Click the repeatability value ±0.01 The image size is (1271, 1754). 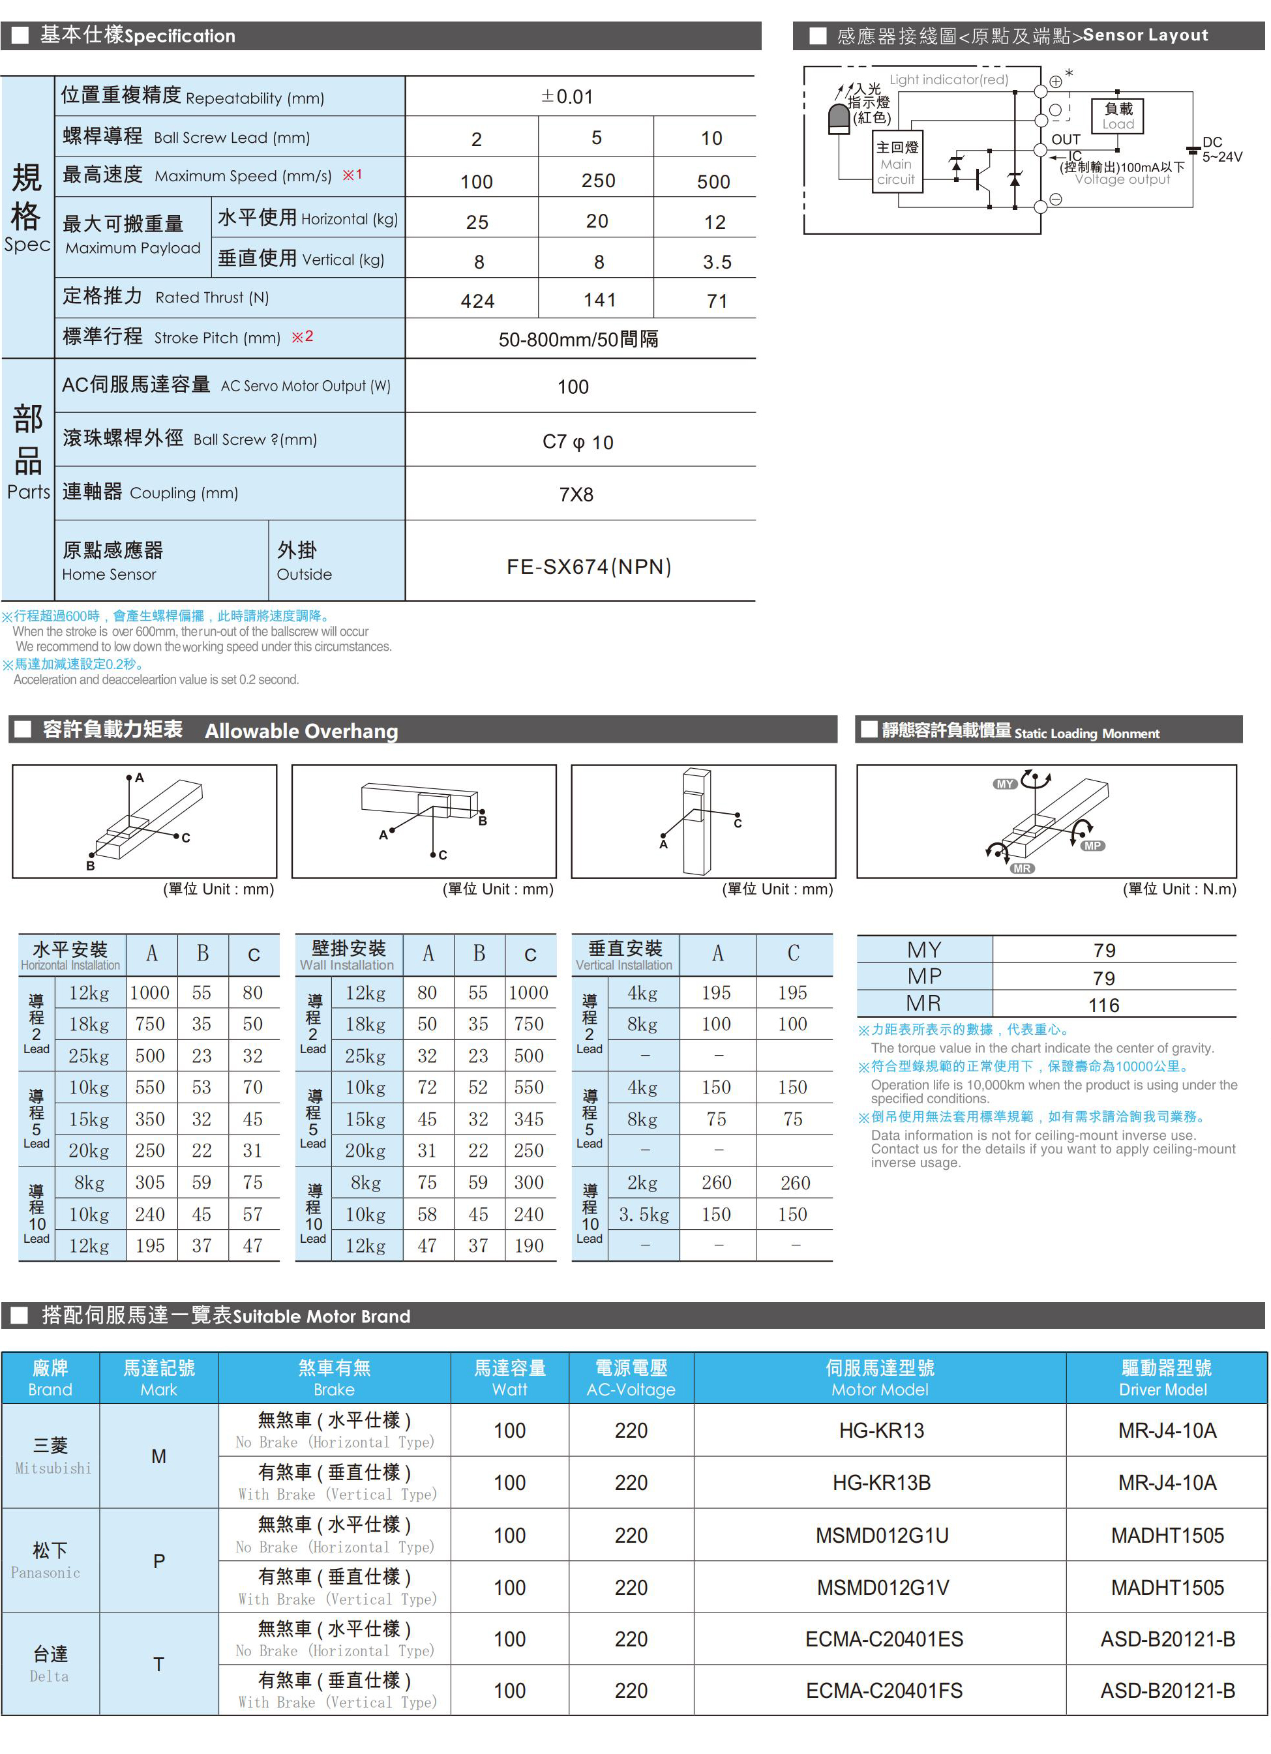click(x=567, y=97)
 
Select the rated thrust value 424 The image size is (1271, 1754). click(x=477, y=301)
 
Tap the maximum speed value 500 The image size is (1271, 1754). click(x=713, y=182)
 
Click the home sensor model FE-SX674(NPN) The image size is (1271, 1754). click(x=589, y=567)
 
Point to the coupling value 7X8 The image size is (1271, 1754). click(x=576, y=495)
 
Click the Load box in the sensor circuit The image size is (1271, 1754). click(x=1117, y=116)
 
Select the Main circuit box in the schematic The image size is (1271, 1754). click(x=896, y=163)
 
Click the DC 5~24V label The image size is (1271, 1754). click(x=1221, y=150)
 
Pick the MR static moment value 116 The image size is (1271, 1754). click(x=1103, y=1005)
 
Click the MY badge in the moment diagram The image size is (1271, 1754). click(x=1004, y=784)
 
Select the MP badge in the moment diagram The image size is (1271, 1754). click(x=1092, y=846)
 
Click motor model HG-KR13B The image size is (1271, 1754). click(x=881, y=1483)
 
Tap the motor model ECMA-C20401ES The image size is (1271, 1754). click(x=884, y=1639)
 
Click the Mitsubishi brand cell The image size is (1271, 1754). click(x=51, y=1455)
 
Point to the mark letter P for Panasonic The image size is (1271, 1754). click(x=158, y=1562)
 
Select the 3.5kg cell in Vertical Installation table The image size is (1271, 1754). click(x=644, y=1214)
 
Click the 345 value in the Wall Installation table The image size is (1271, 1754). click(x=529, y=1119)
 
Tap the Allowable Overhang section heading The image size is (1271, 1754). click(x=301, y=731)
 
